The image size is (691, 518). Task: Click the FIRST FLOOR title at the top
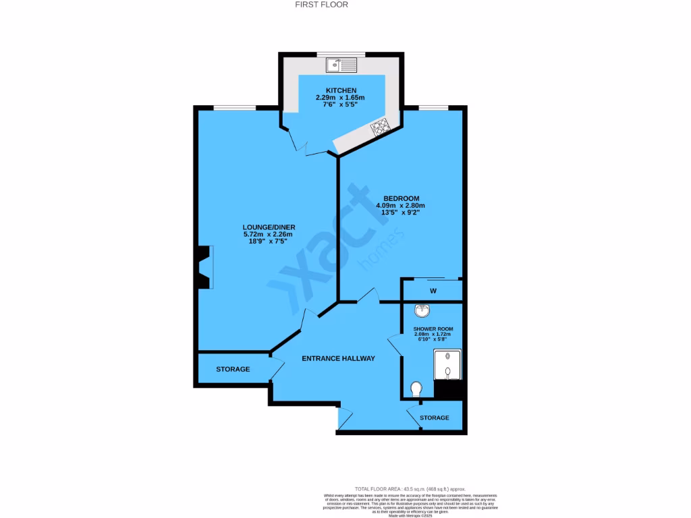click(323, 5)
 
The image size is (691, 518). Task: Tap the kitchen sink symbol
click(341, 65)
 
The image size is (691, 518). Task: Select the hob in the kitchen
click(379, 126)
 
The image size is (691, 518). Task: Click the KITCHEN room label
click(341, 90)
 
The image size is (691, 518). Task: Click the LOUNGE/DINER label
click(269, 227)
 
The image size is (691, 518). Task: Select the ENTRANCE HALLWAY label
click(338, 358)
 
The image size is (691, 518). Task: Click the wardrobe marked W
click(433, 291)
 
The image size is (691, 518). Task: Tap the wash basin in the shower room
click(423, 311)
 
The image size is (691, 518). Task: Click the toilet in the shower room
click(416, 389)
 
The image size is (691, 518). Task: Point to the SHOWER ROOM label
click(433, 329)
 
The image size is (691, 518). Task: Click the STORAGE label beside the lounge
click(233, 370)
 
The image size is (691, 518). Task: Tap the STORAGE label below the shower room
click(434, 418)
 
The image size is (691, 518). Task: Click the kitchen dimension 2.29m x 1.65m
click(341, 98)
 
